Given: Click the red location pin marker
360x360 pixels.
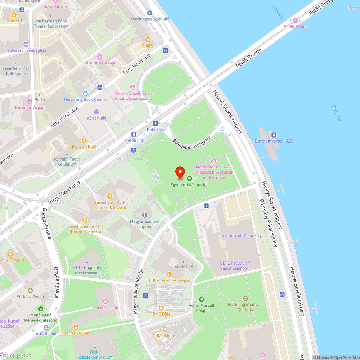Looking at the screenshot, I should [180, 173].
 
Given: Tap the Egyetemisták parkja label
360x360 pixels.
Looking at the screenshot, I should [189, 185].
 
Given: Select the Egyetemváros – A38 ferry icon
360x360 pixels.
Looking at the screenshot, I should [274, 135].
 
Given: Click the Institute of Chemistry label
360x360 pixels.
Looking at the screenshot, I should [242, 235].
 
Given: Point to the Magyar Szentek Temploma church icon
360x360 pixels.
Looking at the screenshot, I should [145, 215].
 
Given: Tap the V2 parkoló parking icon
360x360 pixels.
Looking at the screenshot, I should [96, 112].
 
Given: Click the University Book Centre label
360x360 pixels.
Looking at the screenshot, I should [85, 99].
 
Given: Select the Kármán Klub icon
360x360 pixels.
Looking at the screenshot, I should [84, 141].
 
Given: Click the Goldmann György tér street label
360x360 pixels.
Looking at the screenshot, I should [191, 140].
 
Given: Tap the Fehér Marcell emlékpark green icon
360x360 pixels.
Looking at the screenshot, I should [201, 299].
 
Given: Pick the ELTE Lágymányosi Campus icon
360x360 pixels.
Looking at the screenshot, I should [245, 298].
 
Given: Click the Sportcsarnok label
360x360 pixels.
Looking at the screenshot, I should [105, 308].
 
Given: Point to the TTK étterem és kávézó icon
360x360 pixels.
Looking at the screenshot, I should [169, 274].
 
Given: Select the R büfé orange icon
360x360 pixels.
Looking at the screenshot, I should [148, 40].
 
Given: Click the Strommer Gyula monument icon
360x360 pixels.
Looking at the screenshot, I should [100, 57].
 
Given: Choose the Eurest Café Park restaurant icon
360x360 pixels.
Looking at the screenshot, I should [110, 197].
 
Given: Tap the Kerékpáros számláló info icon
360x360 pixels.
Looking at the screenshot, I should [150, 13].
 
